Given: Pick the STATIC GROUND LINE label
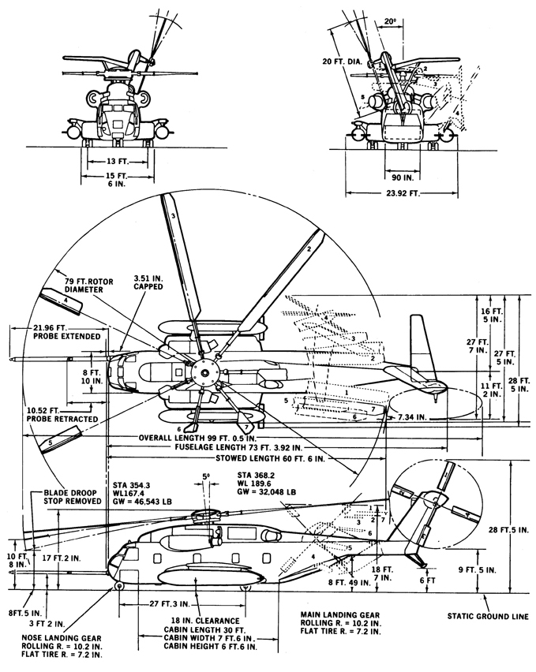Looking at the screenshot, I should click(x=488, y=616).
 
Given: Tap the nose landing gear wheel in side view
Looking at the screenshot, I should click(x=120, y=586).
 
